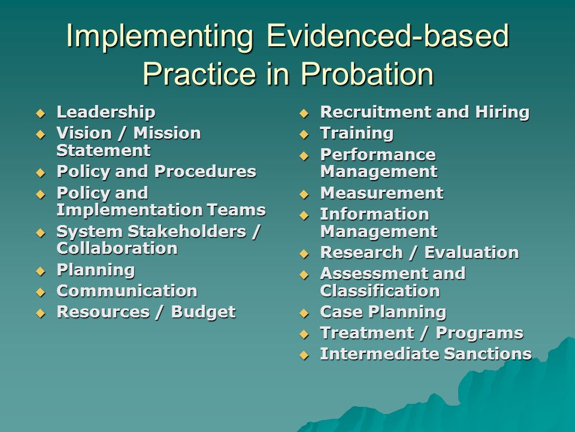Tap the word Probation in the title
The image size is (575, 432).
[x=367, y=73]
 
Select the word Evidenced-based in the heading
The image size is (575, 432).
[x=388, y=36]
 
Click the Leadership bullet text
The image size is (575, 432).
[x=106, y=112]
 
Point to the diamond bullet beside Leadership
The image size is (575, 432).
[x=41, y=113]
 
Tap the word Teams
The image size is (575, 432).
[x=236, y=210]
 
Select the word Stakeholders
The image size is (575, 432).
[x=187, y=232]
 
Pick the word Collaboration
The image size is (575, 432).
[x=117, y=248]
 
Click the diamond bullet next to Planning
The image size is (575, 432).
[x=41, y=271]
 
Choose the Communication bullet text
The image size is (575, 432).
[x=127, y=291]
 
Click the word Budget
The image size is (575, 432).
[x=204, y=313]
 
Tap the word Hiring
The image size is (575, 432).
[x=503, y=112]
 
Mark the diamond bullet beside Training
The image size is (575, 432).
[x=304, y=134]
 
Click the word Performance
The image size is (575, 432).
[x=378, y=155]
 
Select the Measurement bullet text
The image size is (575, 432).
[x=382, y=193]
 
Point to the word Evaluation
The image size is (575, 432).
[x=471, y=253]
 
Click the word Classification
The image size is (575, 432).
[x=380, y=291]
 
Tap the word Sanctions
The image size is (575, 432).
[x=488, y=354]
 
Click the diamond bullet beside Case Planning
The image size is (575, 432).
[x=304, y=313]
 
